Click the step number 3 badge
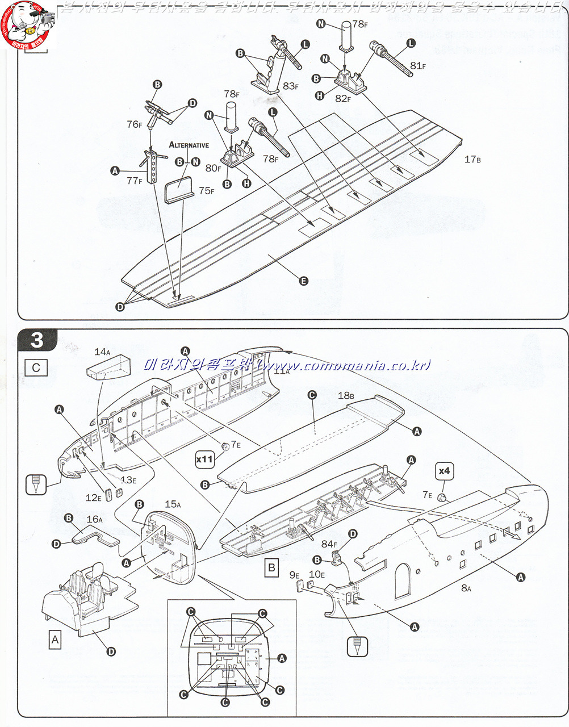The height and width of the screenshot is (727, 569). click(x=37, y=340)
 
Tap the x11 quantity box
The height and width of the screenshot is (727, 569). click(x=204, y=459)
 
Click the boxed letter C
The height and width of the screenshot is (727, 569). click(x=36, y=367)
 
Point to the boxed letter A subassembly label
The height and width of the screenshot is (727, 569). click(x=55, y=640)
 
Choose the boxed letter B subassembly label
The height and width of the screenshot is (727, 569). click(x=272, y=567)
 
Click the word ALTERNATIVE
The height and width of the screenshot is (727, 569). click(x=189, y=145)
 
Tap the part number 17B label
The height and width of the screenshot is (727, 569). click(x=472, y=160)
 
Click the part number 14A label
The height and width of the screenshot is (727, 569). click(x=102, y=352)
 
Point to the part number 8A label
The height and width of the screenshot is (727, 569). click(x=466, y=588)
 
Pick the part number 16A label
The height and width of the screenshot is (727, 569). click(x=94, y=519)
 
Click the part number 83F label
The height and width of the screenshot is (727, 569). click(x=290, y=86)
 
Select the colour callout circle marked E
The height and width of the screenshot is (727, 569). click(x=303, y=281)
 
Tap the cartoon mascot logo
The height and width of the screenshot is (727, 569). click(x=26, y=26)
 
